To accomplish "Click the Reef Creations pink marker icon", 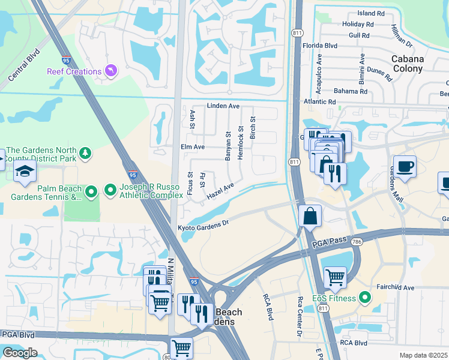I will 110,71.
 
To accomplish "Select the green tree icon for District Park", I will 86,154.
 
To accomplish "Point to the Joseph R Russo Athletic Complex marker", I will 110,191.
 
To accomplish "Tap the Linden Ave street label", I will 223,106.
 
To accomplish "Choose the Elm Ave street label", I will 193,146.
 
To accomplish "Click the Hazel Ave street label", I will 220,192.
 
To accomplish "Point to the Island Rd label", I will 370,13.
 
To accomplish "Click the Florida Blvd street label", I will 320,46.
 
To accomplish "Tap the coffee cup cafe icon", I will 405,166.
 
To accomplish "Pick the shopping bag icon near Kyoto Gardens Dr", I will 310,216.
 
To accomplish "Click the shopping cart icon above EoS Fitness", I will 335,277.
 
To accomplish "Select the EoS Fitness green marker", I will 364,298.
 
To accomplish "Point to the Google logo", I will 20,352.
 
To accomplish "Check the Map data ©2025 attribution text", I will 423,355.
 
